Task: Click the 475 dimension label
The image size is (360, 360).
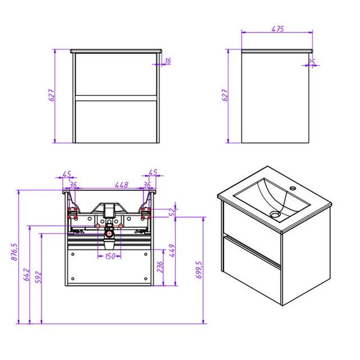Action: [278, 29]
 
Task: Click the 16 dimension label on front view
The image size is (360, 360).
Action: [168, 61]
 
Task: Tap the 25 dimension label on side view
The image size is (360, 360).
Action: [312, 62]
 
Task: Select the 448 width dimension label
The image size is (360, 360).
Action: [122, 185]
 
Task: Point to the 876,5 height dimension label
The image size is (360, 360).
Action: [14, 252]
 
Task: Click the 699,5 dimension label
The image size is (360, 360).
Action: [199, 270]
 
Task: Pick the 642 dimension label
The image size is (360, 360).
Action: [26, 274]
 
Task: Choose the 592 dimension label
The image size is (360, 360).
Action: [38, 277]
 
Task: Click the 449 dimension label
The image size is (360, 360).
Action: [172, 251]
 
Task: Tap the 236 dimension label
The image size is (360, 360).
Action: [160, 266]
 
